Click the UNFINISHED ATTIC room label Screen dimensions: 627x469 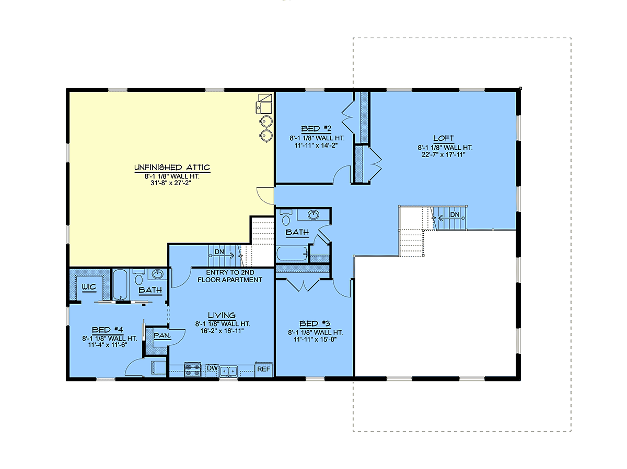click(x=172, y=167)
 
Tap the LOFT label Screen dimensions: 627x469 click(x=443, y=138)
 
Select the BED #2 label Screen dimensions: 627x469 click(x=316, y=129)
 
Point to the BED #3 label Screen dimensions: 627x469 click(x=315, y=323)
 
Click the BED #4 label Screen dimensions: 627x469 click(x=108, y=330)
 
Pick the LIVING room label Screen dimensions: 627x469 click(x=222, y=315)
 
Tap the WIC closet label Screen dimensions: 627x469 click(x=89, y=287)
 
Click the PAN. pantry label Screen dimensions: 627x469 click(x=162, y=335)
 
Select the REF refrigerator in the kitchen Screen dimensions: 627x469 click(x=264, y=369)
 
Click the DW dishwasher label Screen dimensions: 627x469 click(x=212, y=368)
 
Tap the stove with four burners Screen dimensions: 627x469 click(x=192, y=370)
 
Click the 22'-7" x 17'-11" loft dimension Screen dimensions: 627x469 click(x=443, y=155)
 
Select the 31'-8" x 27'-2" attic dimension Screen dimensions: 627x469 click(x=171, y=183)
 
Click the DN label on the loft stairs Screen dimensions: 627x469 click(x=455, y=214)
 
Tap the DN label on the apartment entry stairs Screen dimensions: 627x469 click(x=219, y=252)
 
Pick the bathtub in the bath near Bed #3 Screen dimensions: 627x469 click(x=292, y=254)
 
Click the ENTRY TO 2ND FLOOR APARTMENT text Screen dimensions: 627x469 click(x=230, y=276)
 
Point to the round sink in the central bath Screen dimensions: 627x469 click(x=313, y=215)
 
